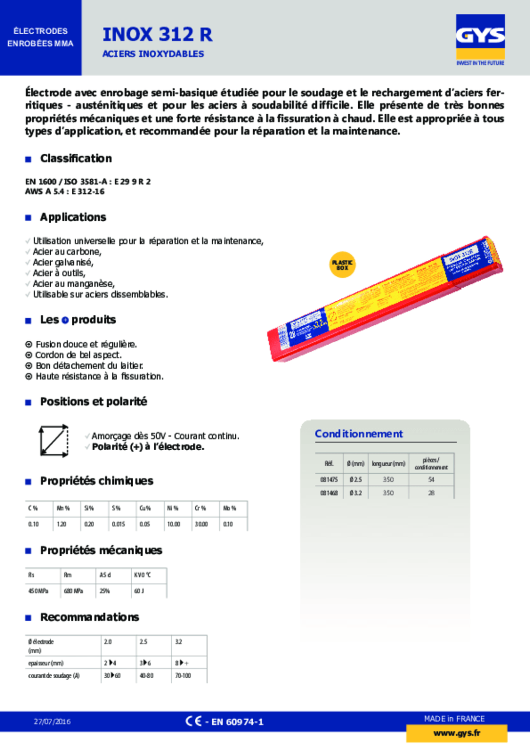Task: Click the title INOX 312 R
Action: [158, 35]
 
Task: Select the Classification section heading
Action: [76, 159]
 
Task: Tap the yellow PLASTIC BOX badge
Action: [342, 265]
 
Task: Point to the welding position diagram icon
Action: [54, 441]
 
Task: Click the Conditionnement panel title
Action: [359, 434]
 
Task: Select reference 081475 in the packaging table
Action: [329, 479]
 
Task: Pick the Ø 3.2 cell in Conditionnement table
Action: [355, 493]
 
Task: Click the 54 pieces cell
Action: [431, 479]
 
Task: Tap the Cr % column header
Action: [200, 508]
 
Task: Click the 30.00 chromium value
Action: [201, 524]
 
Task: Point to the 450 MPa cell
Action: [38, 591]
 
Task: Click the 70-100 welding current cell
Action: [183, 676]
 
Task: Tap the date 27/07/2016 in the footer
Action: [52, 722]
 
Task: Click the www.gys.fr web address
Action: [456, 733]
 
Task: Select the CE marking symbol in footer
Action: [193, 721]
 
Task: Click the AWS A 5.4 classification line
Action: [65, 191]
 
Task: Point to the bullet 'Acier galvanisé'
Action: [63, 262]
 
